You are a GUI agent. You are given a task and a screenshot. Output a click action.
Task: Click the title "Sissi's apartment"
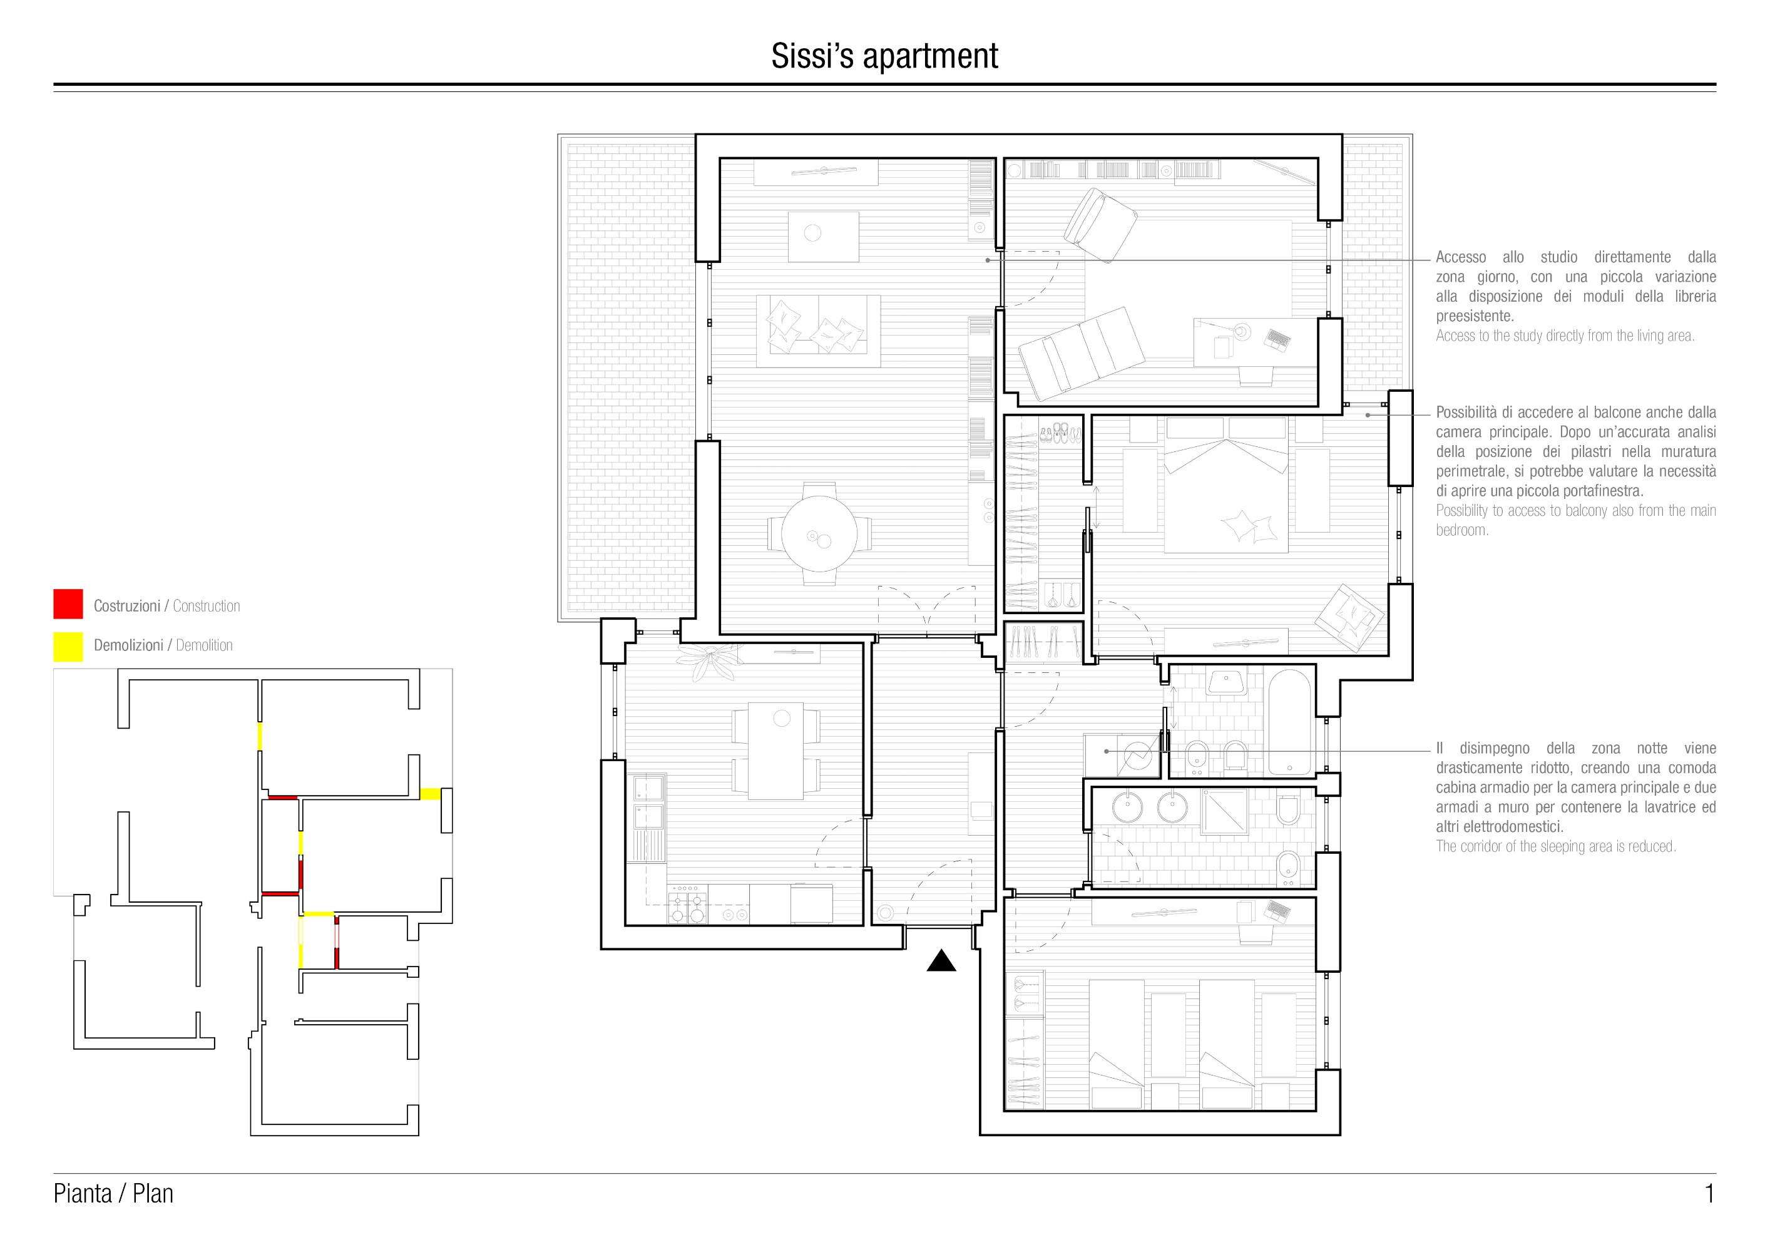click(x=884, y=56)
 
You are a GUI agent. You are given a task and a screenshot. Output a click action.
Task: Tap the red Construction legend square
click(x=68, y=603)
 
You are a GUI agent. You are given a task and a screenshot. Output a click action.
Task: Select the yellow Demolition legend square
click(x=68, y=647)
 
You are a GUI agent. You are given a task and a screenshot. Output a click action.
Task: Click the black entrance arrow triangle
click(x=941, y=962)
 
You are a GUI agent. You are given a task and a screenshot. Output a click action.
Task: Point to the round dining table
click(x=819, y=533)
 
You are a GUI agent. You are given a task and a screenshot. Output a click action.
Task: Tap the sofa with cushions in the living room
click(x=818, y=331)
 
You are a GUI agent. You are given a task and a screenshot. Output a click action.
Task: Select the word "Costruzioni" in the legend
click(x=127, y=606)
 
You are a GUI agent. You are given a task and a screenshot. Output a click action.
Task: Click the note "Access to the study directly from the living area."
click(x=1565, y=336)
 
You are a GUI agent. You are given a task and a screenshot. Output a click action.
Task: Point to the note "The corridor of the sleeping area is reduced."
click(x=1556, y=846)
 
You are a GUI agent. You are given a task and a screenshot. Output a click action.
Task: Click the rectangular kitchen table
click(x=776, y=750)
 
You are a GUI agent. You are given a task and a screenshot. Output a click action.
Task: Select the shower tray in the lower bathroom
click(x=1224, y=812)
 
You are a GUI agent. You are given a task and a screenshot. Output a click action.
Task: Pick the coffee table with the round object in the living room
click(x=823, y=237)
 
